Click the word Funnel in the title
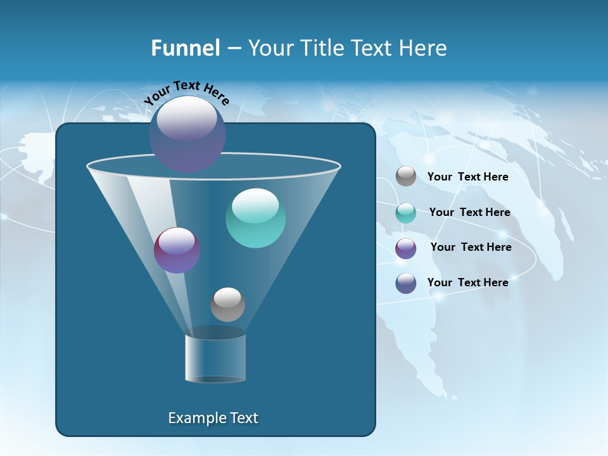(185, 48)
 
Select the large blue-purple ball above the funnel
(187, 134)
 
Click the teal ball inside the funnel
(255, 218)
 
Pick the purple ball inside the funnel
(177, 251)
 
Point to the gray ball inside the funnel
(227, 305)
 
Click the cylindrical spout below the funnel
(215, 358)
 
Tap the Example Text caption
(213, 418)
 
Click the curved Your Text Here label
(187, 92)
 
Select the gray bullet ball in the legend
(406, 177)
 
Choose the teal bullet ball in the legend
(406, 213)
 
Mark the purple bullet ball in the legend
(406, 248)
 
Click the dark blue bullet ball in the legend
(406, 283)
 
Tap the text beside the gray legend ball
(467, 177)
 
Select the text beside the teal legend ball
(469, 212)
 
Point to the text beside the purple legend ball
(471, 247)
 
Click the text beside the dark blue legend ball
(467, 282)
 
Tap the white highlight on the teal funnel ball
(255, 205)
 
